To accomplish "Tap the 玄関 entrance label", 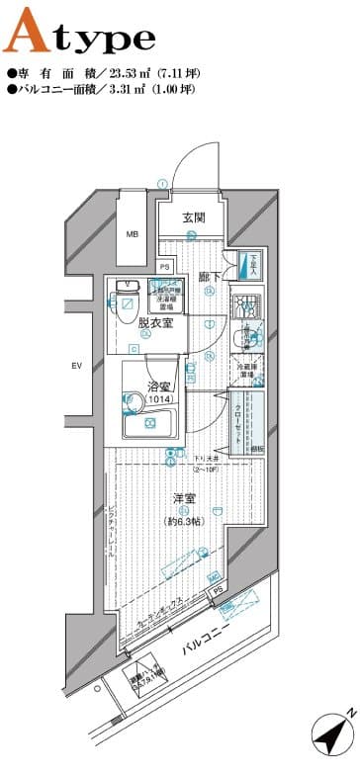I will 194,219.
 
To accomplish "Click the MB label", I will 132,235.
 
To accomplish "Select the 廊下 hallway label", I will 209,278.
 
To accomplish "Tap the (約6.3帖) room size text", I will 185,520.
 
